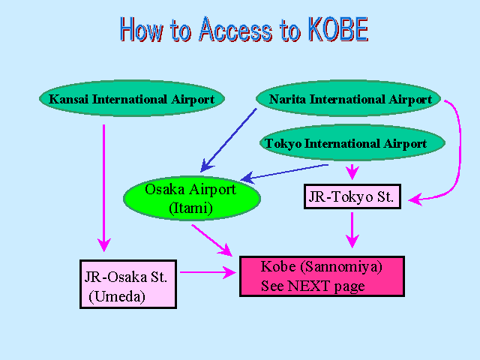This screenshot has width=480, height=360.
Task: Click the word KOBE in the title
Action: coord(338,29)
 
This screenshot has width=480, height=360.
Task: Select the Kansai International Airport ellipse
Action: coord(132,98)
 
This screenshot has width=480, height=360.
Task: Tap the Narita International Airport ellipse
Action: coord(348,98)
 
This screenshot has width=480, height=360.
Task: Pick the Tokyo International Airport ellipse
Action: coord(352,142)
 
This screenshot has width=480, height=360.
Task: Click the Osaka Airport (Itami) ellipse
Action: coord(192,198)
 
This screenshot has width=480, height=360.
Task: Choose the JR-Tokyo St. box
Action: coord(352,196)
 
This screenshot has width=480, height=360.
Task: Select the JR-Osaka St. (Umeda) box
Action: coord(128,284)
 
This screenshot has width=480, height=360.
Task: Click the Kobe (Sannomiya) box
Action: coord(322,277)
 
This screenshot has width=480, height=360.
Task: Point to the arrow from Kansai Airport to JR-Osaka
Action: coord(104,188)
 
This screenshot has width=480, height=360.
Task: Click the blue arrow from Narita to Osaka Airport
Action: coord(229,140)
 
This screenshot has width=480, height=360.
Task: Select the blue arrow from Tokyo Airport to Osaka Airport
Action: coord(285,173)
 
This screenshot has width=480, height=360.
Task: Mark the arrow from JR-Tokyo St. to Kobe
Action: coord(352,229)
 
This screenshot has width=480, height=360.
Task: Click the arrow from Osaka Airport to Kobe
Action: coord(211,240)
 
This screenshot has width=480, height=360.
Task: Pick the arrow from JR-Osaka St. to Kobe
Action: coord(208,272)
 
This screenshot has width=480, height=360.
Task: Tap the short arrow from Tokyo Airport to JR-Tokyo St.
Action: coord(352,172)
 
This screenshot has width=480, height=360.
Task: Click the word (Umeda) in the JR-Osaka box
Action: coord(117,296)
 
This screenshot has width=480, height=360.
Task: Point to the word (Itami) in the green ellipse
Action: coord(190,208)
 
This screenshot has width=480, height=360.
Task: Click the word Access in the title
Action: coord(235,29)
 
